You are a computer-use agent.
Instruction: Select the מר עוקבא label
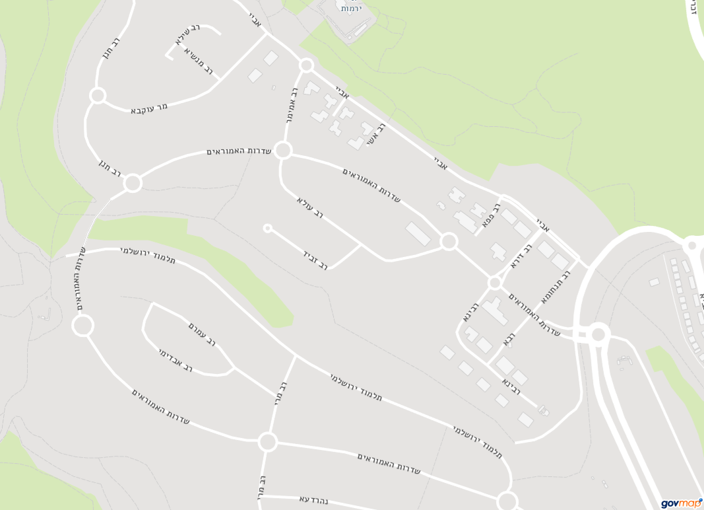tap(149, 108)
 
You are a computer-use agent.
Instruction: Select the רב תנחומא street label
tap(555, 287)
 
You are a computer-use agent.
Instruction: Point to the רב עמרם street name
tap(202, 334)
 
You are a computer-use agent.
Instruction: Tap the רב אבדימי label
tap(176, 361)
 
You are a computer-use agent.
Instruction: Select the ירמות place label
tap(350, 8)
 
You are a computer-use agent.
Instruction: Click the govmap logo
tap(681, 503)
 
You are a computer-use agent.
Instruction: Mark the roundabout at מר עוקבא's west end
tap(98, 96)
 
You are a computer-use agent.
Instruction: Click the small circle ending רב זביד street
tap(267, 229)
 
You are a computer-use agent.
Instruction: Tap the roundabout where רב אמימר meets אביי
tap(306, 65)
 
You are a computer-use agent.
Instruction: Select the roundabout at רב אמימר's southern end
tap(283, 150)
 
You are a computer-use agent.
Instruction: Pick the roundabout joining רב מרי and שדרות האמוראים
tap(267, 441)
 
